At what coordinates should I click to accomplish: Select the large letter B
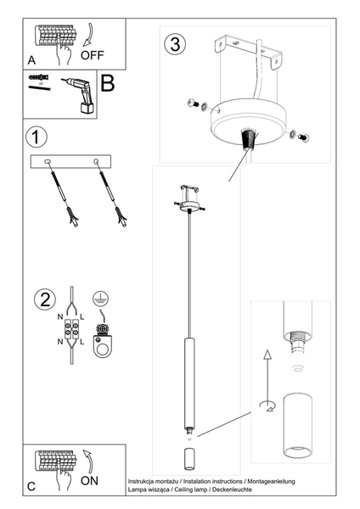click(108, 84)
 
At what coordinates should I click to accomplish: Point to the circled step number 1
click(37, 137)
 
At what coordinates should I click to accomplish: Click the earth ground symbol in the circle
click(101, 299)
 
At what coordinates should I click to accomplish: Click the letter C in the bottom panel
click(31, 486)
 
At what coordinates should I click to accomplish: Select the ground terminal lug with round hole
click(102, 345)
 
